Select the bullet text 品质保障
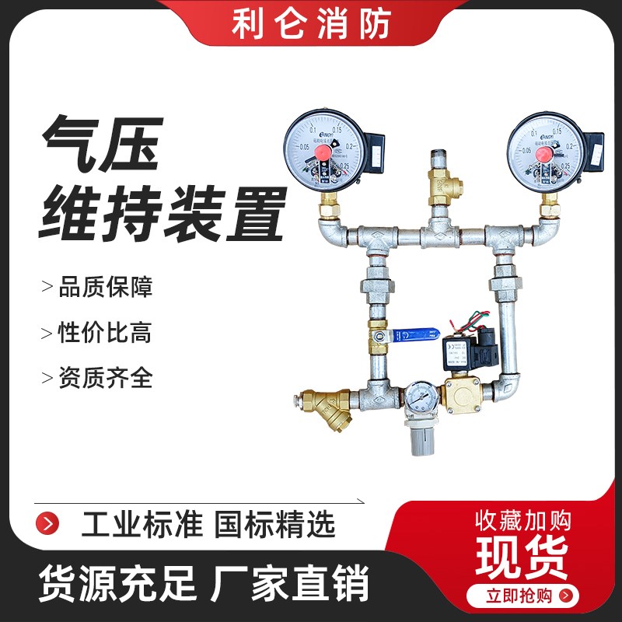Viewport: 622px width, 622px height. coord(106,288)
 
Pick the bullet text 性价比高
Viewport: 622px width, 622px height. coord(106,333)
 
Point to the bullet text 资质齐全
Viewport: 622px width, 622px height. coord(106,379)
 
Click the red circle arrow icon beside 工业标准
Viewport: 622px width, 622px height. coord(50,521)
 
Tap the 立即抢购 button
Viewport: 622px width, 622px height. coord(519,596)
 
